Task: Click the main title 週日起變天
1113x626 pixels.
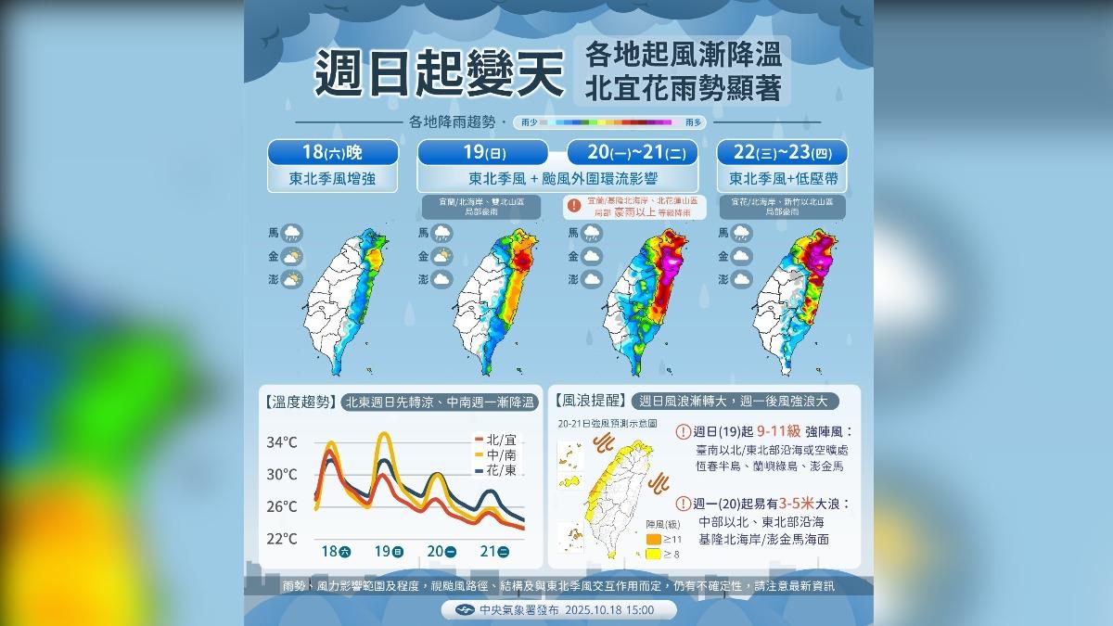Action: pyautogui.click(x=439, y=74)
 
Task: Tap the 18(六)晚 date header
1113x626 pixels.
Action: pyautogui.click(x=335, y=152)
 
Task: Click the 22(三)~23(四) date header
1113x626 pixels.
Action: pyautogui.click(x=782, y=152)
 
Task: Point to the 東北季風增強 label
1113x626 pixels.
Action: pyautogui.click(x=335, y=178)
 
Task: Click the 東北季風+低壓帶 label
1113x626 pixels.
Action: pyautogui.click(x=782, y=178)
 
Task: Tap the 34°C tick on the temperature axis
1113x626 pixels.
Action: pyautogui.click(x=281, y=442)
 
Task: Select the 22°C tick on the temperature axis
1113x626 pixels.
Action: pyautogui.click(x=281, y=539)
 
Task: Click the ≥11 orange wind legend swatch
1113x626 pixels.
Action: pyautogui.click(x=653, y=538)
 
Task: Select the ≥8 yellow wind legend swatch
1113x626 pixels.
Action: pyautogui.click(x=653, y=555)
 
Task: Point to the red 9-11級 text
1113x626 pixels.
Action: pyautogui.click(x=778, y=431)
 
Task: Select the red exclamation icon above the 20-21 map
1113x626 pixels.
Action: pyautogui.click(x=574, y=205)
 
